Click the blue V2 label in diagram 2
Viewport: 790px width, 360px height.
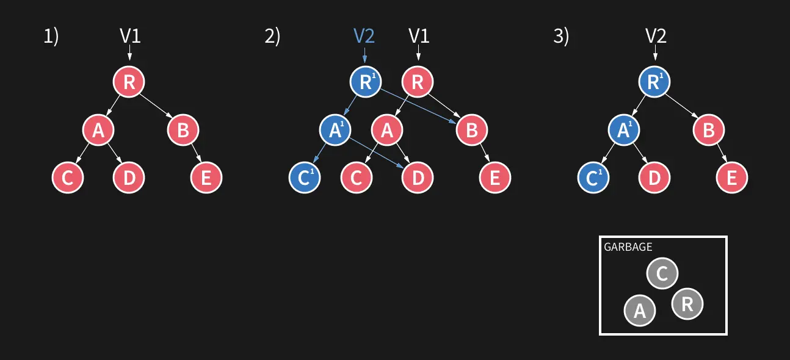pos(364,36)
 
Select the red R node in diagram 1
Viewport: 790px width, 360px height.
pos(129,82)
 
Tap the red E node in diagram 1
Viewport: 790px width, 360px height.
pos(206,178)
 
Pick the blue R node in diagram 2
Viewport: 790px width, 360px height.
pos(365,82)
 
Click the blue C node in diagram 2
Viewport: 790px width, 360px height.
pos(304,178)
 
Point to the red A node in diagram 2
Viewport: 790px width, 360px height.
pos(387,129)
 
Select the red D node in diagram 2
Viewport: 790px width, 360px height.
pos(418,178)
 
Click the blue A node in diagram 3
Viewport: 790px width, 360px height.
pos(623,129)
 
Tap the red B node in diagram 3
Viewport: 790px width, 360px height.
pos(708,129)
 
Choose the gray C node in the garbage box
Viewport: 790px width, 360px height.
pos(662,273)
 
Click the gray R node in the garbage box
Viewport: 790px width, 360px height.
pos(687,304)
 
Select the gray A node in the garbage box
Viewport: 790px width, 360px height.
pos(639,310)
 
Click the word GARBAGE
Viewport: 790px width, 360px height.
pos(628,247)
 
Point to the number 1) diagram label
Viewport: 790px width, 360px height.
pos(51,37)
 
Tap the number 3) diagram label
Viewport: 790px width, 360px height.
pos(560,37)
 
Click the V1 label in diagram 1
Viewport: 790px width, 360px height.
pos(130,36)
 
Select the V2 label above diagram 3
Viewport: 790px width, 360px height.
pos(656,36)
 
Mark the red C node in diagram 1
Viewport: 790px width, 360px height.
pos(67,178)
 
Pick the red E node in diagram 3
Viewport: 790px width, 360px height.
pos(731,178)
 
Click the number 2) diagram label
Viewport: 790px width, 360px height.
pos(272,37)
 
